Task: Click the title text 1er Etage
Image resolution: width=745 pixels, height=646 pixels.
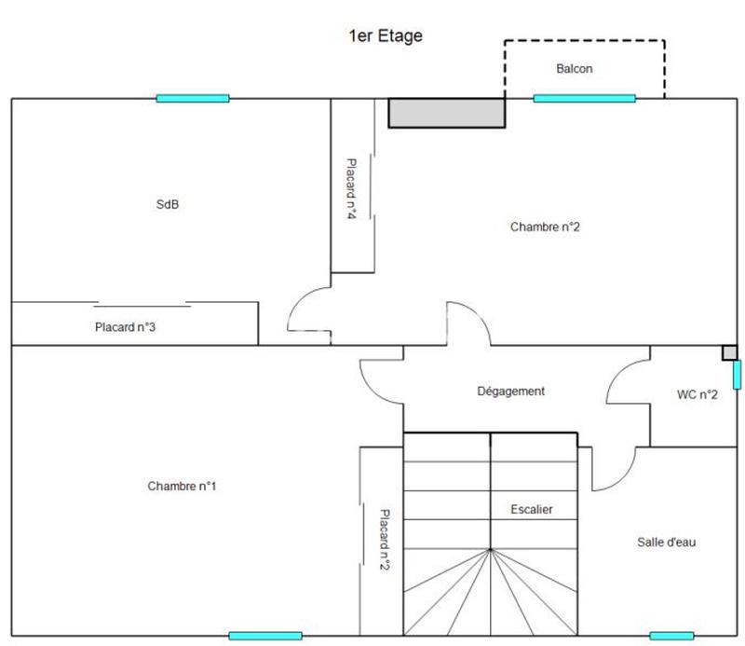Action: pos(385,36)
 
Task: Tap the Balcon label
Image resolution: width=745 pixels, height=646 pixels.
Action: pos(574,69)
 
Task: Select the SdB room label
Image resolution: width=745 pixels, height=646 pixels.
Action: pos(167,205)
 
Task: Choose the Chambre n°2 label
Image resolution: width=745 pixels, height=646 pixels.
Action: pos(546,227)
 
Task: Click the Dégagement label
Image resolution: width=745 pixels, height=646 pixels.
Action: pos(510,392)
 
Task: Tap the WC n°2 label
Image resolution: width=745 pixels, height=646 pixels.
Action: pos(697,394)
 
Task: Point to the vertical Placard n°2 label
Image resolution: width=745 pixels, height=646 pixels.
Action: pos(383,538)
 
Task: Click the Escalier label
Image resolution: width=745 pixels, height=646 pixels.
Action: pos(532,509)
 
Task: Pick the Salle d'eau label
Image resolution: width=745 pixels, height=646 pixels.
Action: pos(666,542)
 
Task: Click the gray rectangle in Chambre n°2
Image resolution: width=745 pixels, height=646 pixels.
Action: pos(446,113)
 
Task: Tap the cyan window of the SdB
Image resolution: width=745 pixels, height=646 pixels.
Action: pos(192,98)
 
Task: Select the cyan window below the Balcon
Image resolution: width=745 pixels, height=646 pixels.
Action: pos(584,98)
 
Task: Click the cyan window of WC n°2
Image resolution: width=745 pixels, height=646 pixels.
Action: pos(737,375)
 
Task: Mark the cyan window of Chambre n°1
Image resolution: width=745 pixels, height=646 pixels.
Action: pos(264,636)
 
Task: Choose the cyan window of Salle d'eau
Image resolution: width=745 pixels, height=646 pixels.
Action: pos(671,636)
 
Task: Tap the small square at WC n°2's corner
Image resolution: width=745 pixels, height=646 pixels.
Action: pos(730,352)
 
